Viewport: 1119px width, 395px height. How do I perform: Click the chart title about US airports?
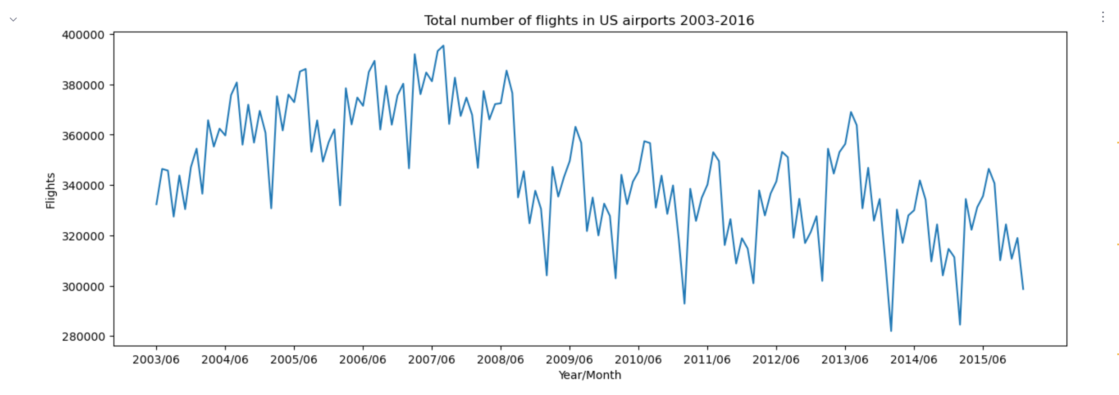tap(589, 20)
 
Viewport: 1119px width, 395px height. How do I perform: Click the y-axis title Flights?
tap(51, 191)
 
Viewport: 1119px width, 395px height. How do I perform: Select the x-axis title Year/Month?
tap(590, 375)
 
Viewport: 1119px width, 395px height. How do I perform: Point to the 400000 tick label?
tap(83, 35)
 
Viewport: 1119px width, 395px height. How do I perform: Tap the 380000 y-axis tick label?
tap(83, 85)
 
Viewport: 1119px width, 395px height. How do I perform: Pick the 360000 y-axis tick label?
tap(83, 136)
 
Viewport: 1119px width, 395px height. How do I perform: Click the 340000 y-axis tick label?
tap(83, 186)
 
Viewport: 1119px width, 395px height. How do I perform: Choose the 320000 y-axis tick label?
tap(83, 236)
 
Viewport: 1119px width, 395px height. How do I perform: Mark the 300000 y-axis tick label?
tap(83, 287)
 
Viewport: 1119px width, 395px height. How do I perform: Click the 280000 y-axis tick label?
tap(83, 337)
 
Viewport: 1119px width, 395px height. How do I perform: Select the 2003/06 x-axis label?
tap(156, 360)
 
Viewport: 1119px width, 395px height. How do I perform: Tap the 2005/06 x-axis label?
tap(294, 360)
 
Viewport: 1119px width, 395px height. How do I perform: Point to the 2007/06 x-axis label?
tap(431, 360)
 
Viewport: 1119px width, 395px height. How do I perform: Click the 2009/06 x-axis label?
tap(569, 360)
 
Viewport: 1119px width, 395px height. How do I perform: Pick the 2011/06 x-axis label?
tap(707, 360)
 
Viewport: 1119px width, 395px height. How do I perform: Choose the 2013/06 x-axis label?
tap(845, 360)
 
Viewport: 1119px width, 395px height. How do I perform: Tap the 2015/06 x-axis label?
tap(983, 360)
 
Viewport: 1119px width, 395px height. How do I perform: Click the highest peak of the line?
tap(443, 46)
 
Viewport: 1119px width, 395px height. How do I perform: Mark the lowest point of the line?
tap(891, 331)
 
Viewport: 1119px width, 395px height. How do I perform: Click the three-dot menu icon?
tap(1103, 17)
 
